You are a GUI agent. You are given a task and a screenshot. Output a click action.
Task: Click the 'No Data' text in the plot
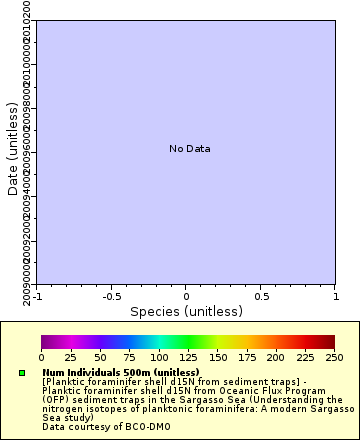click(189, 149)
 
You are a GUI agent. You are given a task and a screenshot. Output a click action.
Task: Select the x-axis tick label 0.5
click(260, 296)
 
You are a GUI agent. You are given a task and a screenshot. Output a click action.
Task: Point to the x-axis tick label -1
click(37, 296)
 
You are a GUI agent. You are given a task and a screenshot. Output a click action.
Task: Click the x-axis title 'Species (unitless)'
click(185, 311)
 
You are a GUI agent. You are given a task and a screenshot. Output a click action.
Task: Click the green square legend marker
click(22, 373)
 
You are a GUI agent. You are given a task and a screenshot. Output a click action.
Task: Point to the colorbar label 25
click(71, 357)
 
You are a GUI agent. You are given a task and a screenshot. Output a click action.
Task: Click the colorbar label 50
click(100, 357)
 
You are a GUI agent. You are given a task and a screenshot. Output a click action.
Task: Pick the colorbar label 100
click(158, 357)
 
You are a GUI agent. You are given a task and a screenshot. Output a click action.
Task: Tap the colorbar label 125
click(188, 357)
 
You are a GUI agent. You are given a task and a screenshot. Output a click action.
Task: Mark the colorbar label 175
click(246, 357)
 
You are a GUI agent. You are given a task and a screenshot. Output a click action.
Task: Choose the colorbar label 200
click(276, 357)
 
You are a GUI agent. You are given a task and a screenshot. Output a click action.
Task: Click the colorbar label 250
click(334, 357)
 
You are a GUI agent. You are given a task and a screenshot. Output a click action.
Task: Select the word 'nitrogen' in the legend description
click(59, 409)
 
